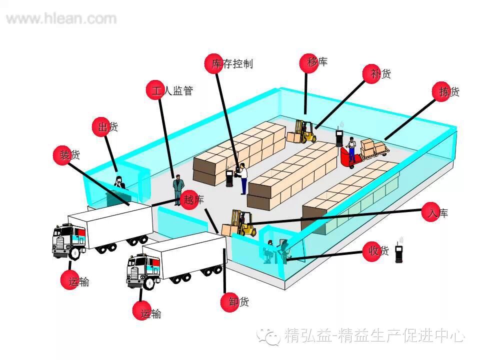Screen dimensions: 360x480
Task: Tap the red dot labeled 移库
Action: [x=308, y=62]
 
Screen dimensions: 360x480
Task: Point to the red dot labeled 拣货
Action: [x=440, y=91]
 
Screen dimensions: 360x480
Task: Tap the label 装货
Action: [x=70, y=155]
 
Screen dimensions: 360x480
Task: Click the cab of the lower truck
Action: [x=143, y=271]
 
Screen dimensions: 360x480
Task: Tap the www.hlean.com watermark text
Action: [x=61, y=19]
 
